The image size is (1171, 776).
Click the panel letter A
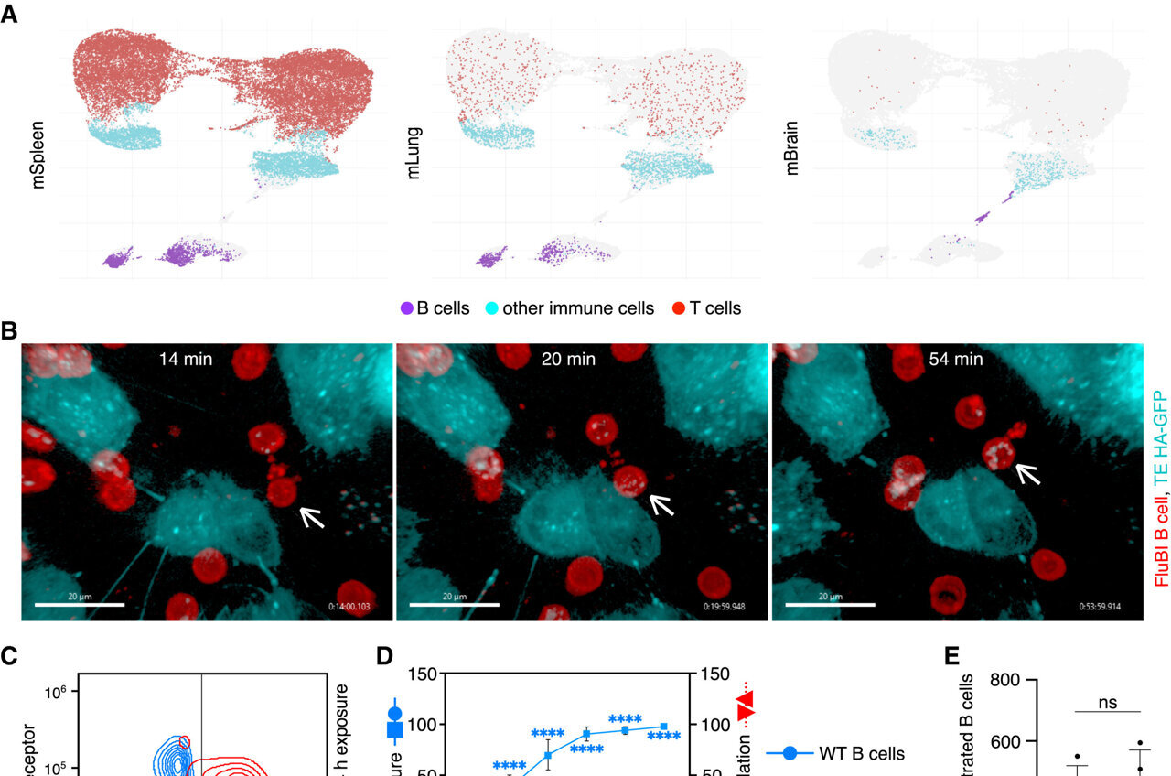(x=9, y=16)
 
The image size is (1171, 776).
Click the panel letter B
(x=9, y=330)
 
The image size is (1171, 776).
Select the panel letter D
(x=384, y=656)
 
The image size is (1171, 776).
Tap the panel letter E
(x=953, y=656)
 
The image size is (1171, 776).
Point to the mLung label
(x=414, y=157)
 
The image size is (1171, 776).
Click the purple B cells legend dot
(x=407, y=308)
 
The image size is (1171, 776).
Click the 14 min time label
(x=184, y=360)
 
